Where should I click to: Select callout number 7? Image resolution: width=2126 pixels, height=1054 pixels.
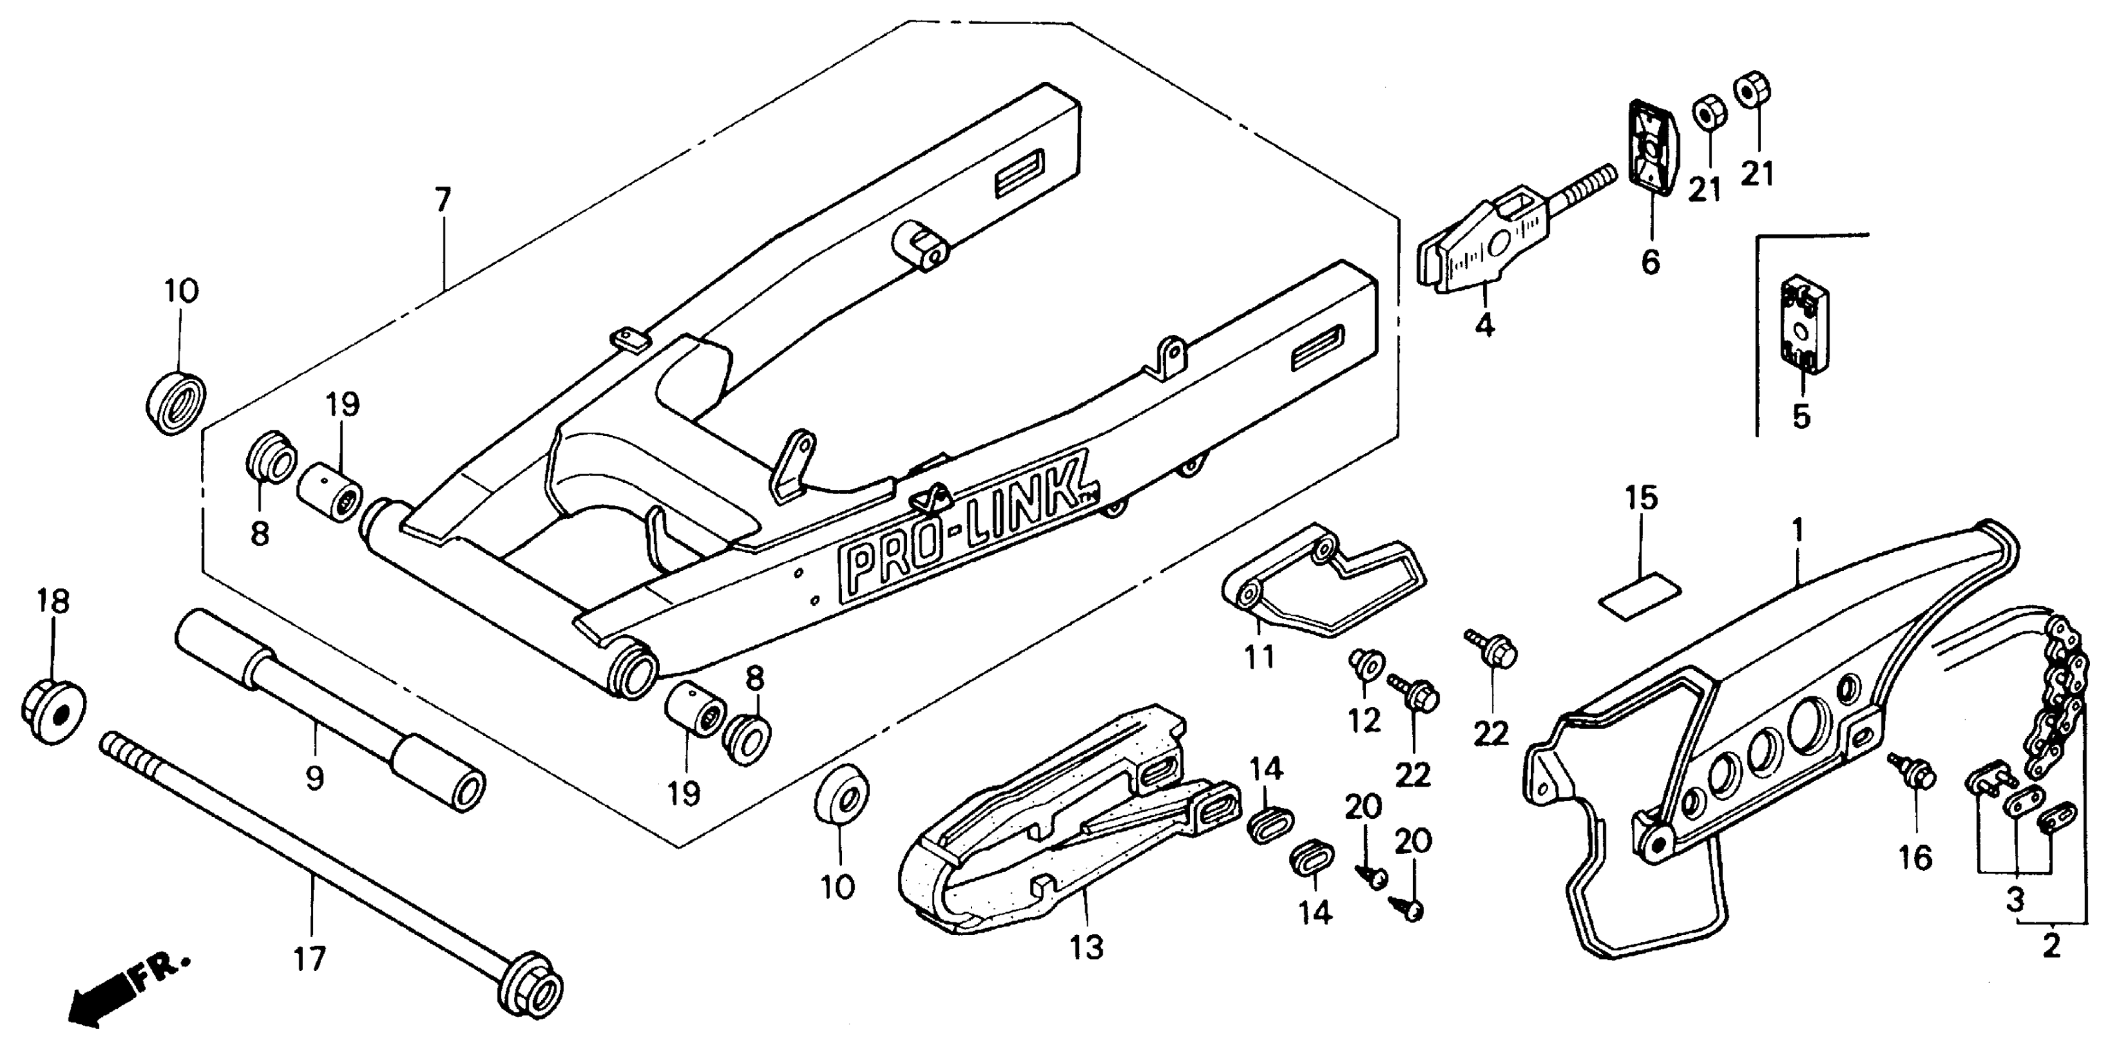pos(443,200)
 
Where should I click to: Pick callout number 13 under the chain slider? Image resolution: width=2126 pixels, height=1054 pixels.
pos(1087,949)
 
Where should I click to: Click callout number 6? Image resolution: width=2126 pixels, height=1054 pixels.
pos(1650,262)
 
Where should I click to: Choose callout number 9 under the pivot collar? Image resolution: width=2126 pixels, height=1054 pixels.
pos(314,777)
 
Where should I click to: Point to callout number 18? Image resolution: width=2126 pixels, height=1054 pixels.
pos(54,601)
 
